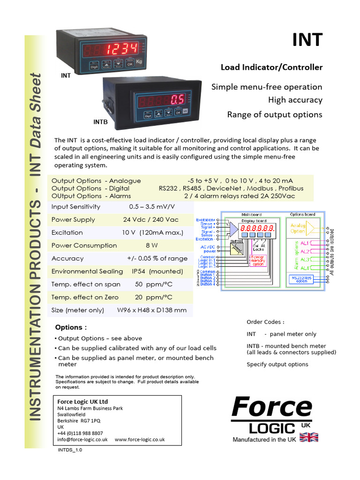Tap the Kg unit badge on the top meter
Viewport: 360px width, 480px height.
coord(139,61)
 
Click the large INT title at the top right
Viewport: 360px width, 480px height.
coord(307,39)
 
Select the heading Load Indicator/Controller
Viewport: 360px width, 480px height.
coord(271,67)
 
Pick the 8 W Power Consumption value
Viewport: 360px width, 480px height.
coord(151,245)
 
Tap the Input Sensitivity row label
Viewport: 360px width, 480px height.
coord(76,207)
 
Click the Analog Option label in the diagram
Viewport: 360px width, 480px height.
coord(298,228)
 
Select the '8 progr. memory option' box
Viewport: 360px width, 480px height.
coord(257,261)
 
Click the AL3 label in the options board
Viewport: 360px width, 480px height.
coord(305,259)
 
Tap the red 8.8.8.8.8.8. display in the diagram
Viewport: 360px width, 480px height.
coord(256,227)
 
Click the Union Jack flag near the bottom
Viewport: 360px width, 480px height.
coord(308,437)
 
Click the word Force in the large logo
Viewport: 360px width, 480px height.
coord(272,407)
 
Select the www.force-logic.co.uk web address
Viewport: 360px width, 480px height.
coord(140,440)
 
